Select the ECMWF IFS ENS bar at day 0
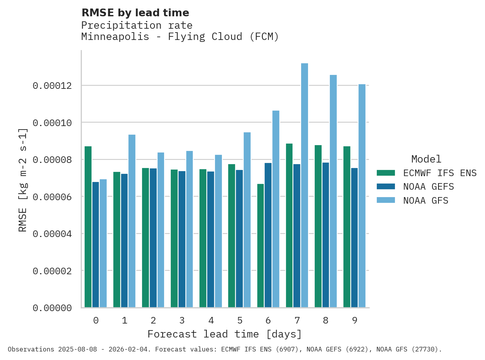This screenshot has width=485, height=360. (88, 227)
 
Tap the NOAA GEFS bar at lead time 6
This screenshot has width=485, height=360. (268, 235)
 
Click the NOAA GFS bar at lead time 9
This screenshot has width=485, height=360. (362, 196)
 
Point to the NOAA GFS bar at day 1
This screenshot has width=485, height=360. (132, 221)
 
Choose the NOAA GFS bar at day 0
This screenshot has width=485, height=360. (103, 243)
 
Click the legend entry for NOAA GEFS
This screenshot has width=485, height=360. (428, 187)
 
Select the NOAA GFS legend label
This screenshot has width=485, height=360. (426, 201)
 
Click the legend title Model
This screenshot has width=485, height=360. (426, 159)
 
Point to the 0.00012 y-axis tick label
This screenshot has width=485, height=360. (52, 86)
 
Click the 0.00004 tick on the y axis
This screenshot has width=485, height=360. (52, 234)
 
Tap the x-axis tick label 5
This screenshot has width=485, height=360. (240, 320)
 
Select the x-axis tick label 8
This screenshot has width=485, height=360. (326, 320)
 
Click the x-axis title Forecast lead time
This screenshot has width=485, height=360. (224, 334)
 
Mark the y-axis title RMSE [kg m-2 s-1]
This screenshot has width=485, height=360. (23, 179)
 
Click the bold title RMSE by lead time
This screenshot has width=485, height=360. (135, 13)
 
